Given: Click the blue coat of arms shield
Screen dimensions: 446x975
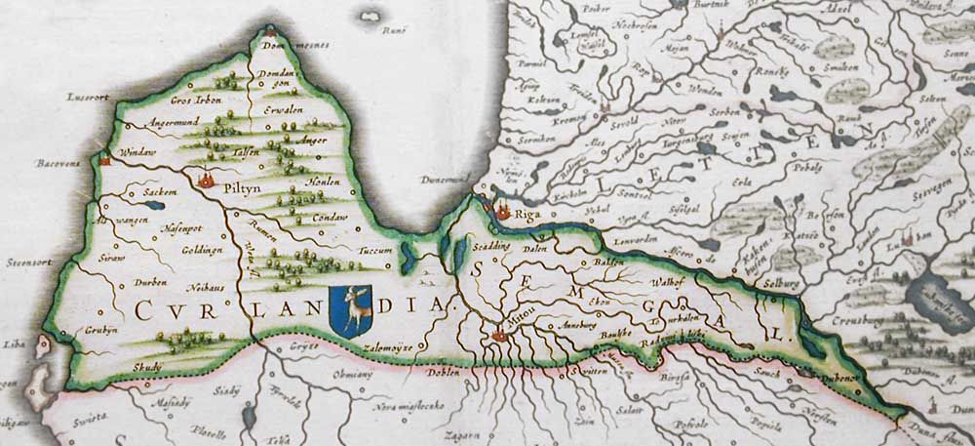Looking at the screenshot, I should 350,310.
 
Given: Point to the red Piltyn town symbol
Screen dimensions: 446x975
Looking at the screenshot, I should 206,180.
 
